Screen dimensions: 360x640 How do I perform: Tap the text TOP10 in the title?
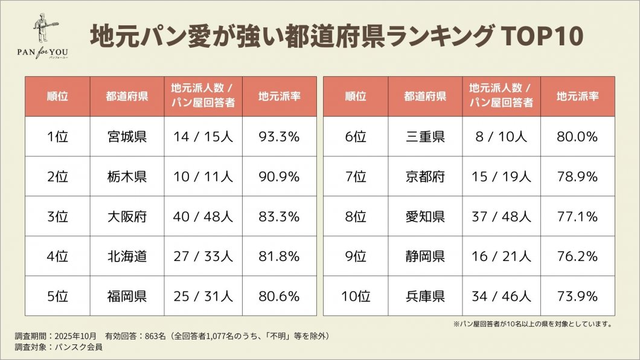544,37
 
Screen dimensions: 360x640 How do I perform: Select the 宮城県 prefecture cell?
127,137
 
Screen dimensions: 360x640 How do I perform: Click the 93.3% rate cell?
279,137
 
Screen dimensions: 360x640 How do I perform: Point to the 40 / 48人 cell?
203,216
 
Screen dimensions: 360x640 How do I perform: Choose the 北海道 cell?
127,256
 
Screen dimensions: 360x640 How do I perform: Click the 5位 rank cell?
57,296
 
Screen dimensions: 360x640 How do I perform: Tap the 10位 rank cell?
356,296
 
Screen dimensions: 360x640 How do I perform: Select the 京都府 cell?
425,176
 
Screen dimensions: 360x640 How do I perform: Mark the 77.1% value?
577,216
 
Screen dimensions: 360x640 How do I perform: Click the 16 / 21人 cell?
501,256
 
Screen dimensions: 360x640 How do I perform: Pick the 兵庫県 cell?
425,296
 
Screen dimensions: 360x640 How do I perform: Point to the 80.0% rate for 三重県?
577,137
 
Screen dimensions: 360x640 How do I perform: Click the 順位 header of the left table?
57,96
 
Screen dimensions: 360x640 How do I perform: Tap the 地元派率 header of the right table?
577,96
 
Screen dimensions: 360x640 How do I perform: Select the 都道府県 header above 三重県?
425,96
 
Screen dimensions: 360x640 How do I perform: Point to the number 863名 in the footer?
155,335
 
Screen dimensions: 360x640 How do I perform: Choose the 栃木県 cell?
127,176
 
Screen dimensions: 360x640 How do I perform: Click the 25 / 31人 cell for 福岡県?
203,296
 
